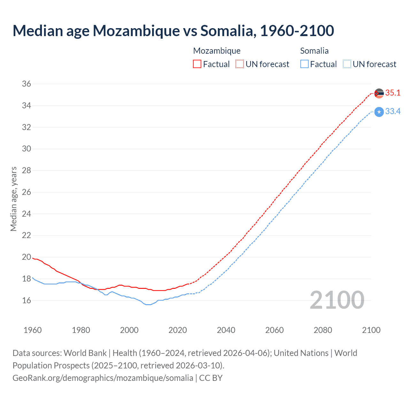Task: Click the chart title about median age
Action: pos(173,31)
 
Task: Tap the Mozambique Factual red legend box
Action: pos(197,64)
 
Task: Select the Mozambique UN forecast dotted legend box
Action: pos(240,64)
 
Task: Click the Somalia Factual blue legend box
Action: pos(304,64)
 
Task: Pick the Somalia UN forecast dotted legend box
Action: pos(347,64)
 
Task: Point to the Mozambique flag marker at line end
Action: pos(379,93)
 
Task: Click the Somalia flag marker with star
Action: pos(379,112)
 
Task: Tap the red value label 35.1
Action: pos(393,93)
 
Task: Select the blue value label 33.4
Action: pos(393,112)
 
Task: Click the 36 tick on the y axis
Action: pos(27,84)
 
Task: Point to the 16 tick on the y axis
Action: pos(27,300)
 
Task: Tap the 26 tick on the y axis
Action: pos(27,192)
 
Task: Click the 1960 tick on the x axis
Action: pos(33,330)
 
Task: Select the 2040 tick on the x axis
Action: pos(226,330)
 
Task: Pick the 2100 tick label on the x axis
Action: pos(371,330)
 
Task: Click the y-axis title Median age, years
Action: pos(13,199)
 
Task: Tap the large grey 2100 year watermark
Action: pos(337,300)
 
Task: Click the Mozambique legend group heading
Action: pos(217,51)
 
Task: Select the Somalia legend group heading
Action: pos(314,51)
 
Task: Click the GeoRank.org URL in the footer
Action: pos(103,378)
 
